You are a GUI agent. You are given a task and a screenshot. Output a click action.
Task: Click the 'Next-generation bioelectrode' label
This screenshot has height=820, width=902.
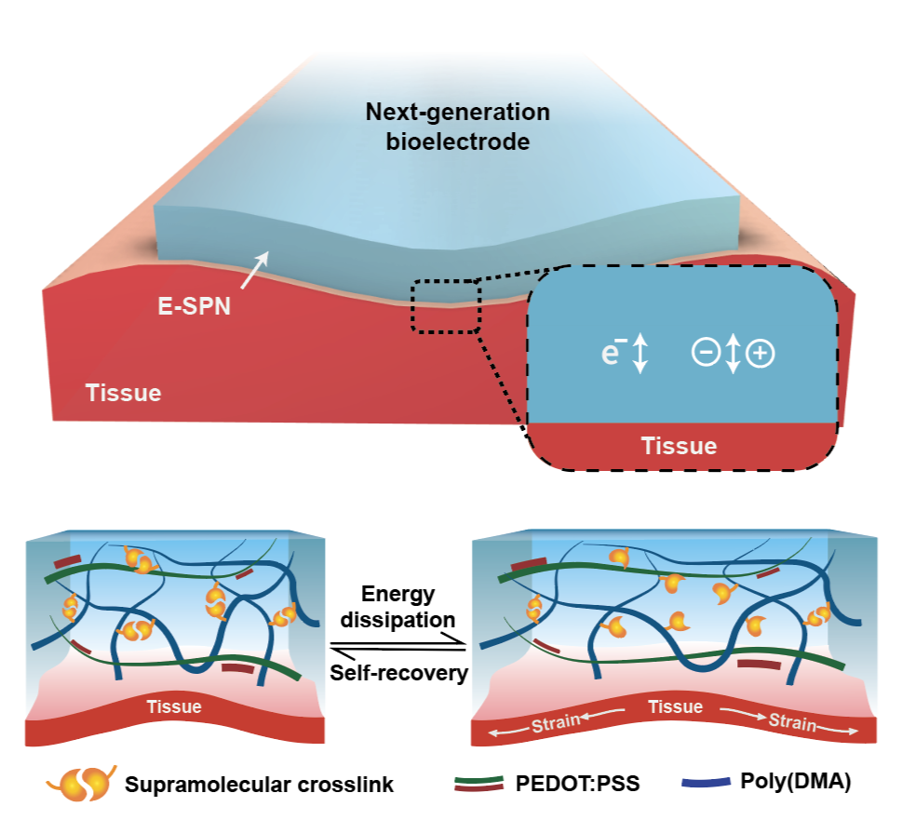tap(457, 128)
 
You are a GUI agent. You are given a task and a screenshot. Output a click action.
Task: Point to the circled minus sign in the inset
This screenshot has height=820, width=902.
tap(704, 354)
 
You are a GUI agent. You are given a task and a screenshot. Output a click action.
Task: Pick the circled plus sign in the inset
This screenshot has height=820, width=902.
tap(762, 354)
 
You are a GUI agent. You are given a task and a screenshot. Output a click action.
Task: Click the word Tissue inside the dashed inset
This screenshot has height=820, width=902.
tap(679, 446)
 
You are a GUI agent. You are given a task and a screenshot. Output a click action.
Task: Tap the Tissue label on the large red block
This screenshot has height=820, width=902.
tap(124, 393)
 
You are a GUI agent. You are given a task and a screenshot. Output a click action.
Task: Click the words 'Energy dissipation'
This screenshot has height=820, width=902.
tap(397, 607)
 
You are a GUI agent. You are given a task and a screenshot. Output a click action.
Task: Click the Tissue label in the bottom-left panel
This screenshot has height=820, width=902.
tap(174, 706)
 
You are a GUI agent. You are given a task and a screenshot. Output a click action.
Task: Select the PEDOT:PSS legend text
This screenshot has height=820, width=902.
tap(574, 783)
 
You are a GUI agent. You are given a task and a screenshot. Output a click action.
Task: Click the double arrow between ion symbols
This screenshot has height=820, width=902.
tap(733, 354)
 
